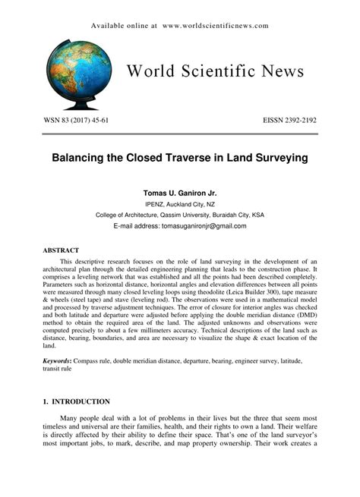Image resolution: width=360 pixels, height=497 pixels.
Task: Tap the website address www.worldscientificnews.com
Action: [215, 25]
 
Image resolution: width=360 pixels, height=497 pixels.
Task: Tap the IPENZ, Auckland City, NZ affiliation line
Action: [180, 204]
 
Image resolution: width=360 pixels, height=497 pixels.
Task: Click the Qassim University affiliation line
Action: [180, 215]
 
